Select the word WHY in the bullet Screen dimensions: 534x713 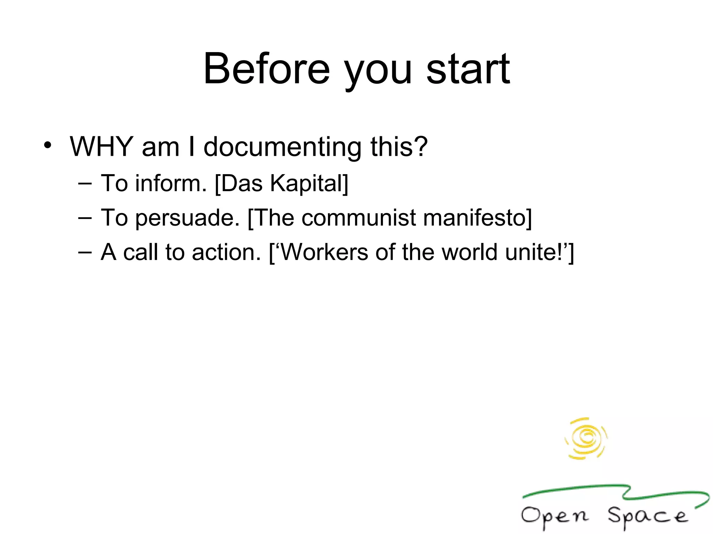pos(102,146)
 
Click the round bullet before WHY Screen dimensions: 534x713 pos(48,145)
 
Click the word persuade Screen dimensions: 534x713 pos(187,218)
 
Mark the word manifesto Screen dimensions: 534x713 pos(474,218)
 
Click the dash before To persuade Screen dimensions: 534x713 pos(85,218)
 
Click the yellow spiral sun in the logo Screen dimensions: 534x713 pos(586,438)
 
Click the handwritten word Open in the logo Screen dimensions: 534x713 pos(555,516)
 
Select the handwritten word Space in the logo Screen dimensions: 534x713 pos(648,516)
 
